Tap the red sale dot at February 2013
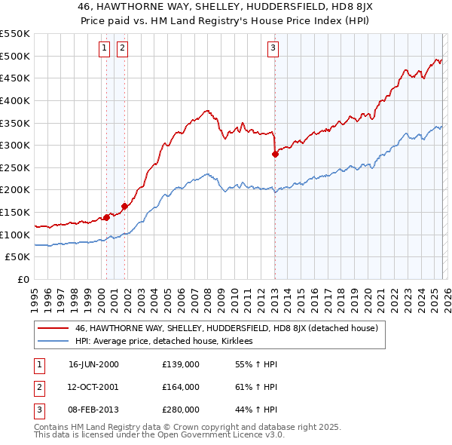click(x=275, y=154)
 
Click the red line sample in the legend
click(x=53, y=328)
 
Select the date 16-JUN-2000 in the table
click(x=93, y=364)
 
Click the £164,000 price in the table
click(x=181, y=387)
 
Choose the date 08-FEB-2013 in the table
click(x=93, y=410)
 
